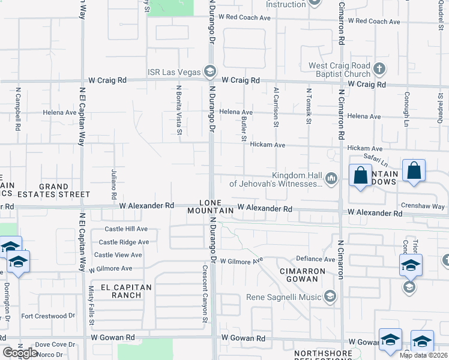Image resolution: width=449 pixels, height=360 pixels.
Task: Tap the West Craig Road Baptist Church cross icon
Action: click(x=379, y=68)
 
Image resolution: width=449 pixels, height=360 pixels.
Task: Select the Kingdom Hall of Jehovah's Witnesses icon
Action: click(x=331, y=178)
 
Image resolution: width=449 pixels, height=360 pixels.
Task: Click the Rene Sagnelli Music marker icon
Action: click(x=330, y=296)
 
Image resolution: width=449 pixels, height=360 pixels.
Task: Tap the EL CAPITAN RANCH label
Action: click(x=122, y=291)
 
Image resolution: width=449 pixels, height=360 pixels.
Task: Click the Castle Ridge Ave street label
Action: click(x=124, y=242)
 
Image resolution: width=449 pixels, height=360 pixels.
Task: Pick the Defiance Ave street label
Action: click(x=315, y=259)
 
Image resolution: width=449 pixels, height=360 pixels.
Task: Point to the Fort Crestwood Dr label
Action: click(x=49, y=316)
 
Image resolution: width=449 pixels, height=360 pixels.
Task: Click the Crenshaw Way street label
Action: click(x=423, y=206)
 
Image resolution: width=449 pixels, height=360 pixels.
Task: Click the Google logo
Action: click(x=20, y=353)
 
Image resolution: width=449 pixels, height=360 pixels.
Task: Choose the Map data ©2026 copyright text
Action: click(x=423, y=355)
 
